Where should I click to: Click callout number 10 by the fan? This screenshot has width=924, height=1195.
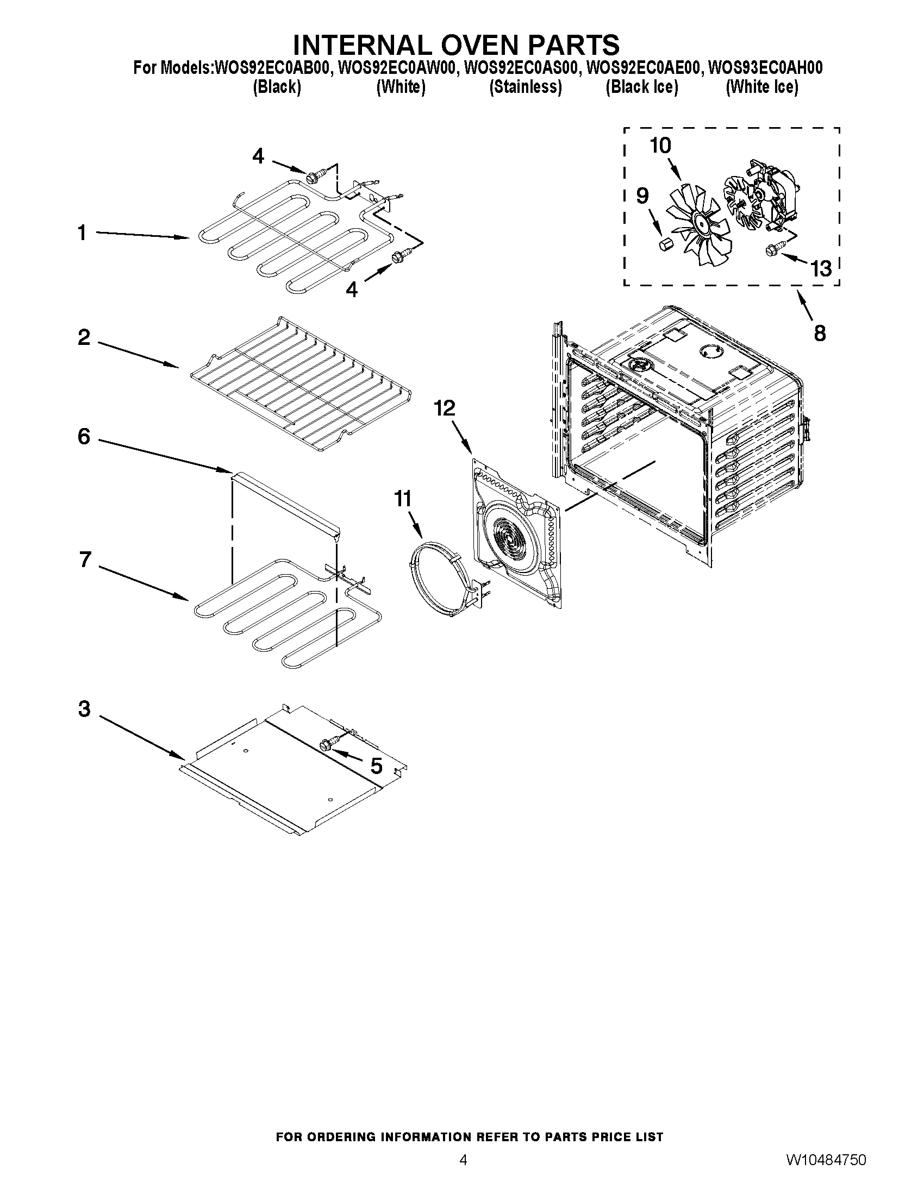tap(660, 146)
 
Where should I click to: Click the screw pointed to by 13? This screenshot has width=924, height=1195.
tap(773, 250)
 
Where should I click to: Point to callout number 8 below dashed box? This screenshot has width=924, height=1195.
tap(819, 332)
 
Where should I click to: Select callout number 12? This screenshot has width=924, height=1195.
tap(445, 408)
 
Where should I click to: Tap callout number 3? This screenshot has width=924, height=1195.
tap(84, 708)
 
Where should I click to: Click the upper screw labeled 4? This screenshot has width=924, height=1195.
tap(315, 177)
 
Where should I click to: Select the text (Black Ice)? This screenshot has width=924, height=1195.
tap(641, 87)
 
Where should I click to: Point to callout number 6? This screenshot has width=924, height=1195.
tap(84, 437)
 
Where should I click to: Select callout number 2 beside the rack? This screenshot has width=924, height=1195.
tap(84, 337)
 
